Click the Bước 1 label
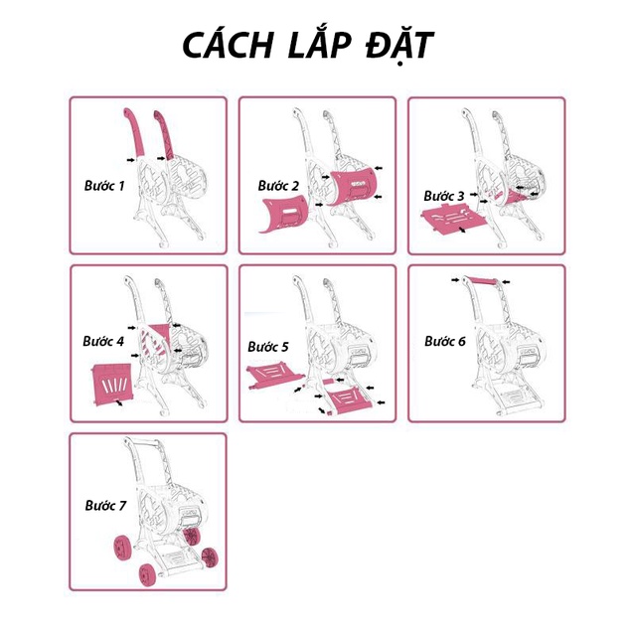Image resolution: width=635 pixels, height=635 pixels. [x=104, y=185]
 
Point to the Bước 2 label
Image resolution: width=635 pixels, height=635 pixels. [x=278, y=186]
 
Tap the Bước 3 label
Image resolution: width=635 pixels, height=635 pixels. [x=444, y=196]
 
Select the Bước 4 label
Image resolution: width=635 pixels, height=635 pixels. [x=104, y=340]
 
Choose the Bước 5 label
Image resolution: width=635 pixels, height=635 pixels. [x=268, y=347]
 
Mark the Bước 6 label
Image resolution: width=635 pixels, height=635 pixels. [x=444, y=341]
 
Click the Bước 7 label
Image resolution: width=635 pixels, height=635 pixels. [x=104, y=506]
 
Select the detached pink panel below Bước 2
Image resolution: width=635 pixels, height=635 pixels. [x=281, y=214]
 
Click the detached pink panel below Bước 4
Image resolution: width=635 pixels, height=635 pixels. [x=111, y=382]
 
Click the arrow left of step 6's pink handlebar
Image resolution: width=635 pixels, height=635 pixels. [x=453, y=281]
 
